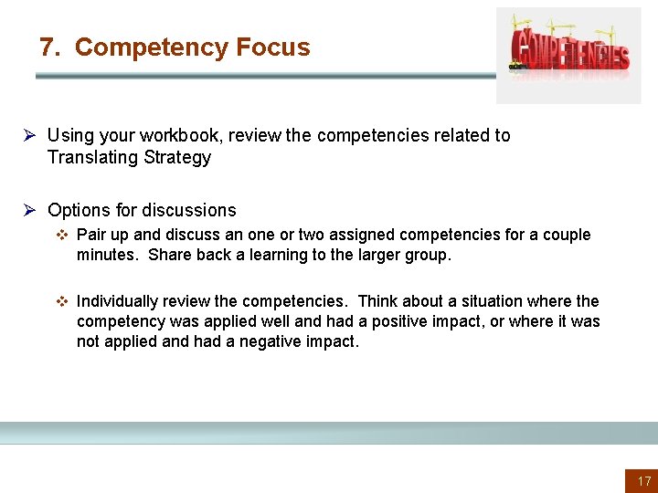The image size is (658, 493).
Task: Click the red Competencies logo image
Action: pyautogui.click(x=568, y=54)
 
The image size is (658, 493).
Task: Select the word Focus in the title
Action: pyautogui.click(x=272, y=47)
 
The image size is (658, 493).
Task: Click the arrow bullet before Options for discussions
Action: pyautogui.click(x=29, y=210)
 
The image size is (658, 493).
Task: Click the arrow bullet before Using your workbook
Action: pyautogui.click(x=29, y=135)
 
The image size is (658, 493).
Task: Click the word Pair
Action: pyautogui.click(x=92, y=235)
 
